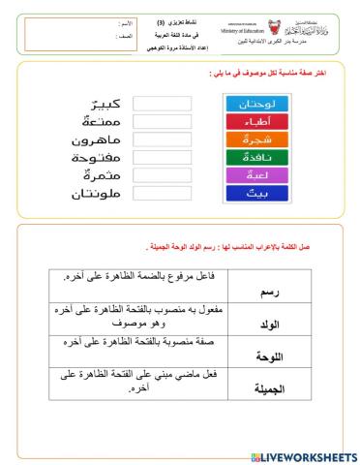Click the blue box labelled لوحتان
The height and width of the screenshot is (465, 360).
(x=251, y=103)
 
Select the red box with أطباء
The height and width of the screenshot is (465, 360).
(x=251, y=122)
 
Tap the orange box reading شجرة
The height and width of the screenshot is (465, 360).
(x=251, y=139)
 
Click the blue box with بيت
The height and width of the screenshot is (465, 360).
(x=251, y=194)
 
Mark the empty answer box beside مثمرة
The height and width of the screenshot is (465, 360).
(x=163, y=176)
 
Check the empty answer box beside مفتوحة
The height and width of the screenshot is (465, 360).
(x=163, y=158)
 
